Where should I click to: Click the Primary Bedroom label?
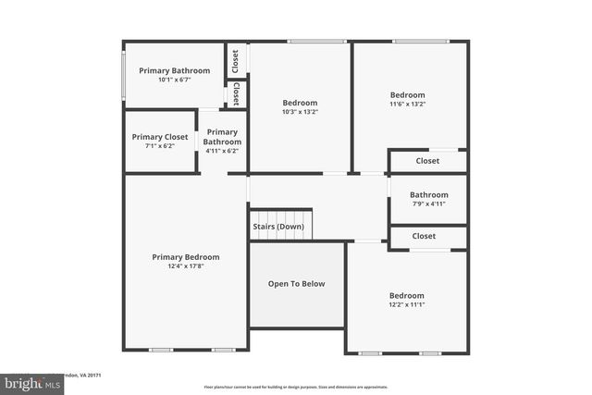point(186,257)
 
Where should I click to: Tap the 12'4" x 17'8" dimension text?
point(186,266)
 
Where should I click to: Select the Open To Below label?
point(296,284)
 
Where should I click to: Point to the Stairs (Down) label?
point(278,227)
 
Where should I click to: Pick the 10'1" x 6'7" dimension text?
point(174,80)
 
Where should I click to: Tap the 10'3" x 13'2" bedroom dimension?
point(300,112)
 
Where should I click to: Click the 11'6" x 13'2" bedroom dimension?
point(407,104)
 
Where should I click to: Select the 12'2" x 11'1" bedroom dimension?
point(406,305)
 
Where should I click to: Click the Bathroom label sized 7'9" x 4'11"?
point(428,195)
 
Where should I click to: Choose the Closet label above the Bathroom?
point(427,161)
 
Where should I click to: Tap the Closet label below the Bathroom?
point(424,237)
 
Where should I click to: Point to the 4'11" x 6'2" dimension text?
point(222,151)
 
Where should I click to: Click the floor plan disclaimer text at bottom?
point(296,387)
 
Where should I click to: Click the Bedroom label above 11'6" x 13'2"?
point(407,94)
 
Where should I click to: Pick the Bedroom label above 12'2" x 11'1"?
point(406,296)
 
